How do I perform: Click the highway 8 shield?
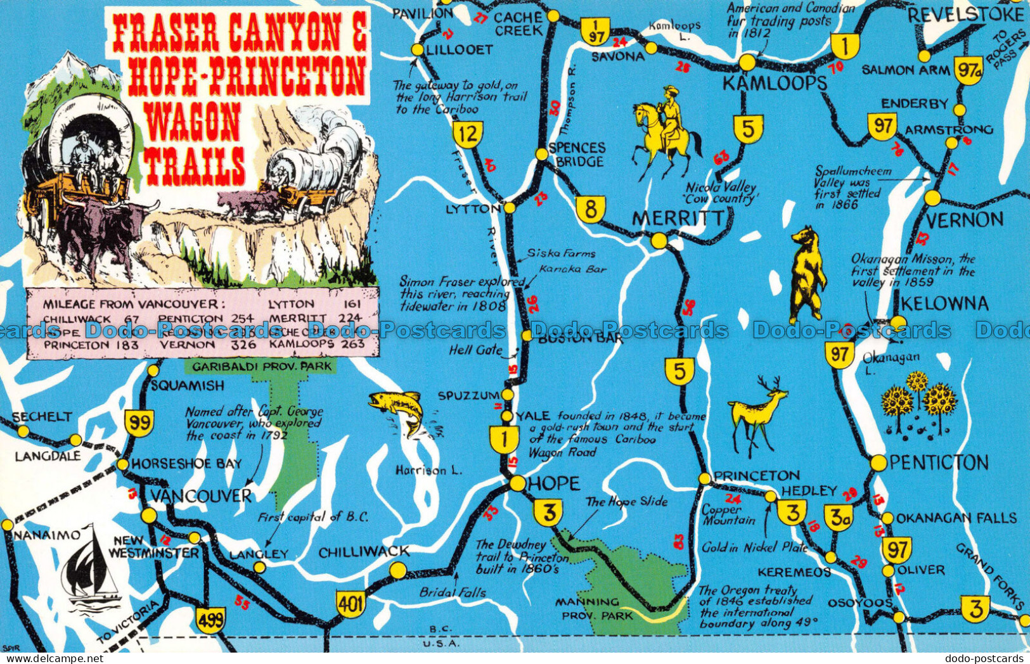(x=591, y=209)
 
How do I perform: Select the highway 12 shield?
(x=468, y=134)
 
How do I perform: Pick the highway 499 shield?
(x=210, y=619)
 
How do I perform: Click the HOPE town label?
(x=554, y=483)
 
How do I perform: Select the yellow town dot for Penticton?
(x=878, y=463)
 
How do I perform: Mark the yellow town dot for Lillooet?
(x=417, y=50)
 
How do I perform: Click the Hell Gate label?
(x=475, y=349)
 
